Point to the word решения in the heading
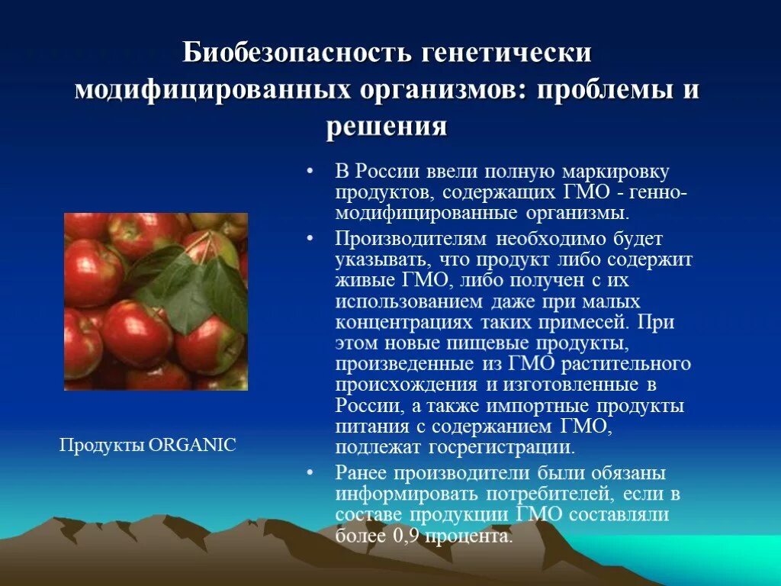pos(387,125)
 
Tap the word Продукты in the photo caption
pos(102,445)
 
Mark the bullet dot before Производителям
pos(310,239)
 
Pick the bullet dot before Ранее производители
pos(310,472)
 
